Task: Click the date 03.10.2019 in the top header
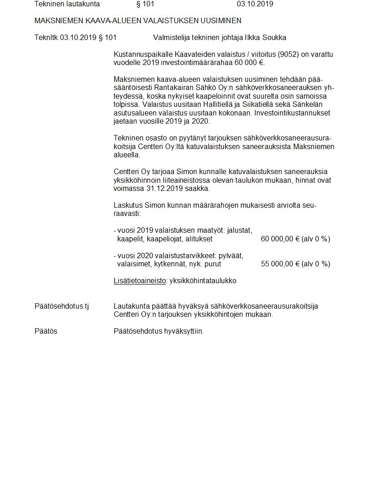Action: (x=255, y=4)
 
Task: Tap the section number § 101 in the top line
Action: (x=145, y=4)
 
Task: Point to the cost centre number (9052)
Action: (x=285, y=55)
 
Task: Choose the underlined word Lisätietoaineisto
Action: (x=140, y=280)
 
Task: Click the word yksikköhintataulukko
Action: (x=203, y=280)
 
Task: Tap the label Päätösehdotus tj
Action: (x=62, y=306)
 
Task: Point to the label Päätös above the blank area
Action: (x=46, y=331)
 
